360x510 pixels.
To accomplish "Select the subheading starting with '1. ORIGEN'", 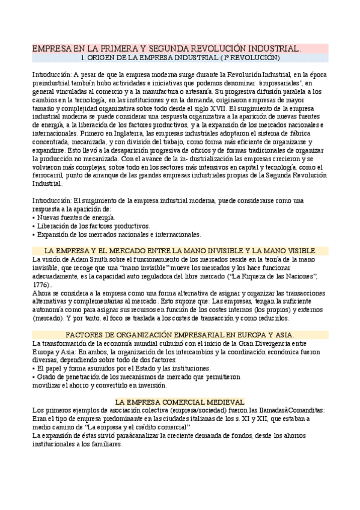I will [180, 58].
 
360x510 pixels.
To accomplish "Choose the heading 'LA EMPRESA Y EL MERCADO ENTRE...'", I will [180, 250].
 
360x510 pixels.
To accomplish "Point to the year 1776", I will [41, 284].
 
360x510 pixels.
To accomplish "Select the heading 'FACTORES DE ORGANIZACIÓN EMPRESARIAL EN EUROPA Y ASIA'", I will [180, 334].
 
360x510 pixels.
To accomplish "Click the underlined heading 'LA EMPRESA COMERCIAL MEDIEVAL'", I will [180, 401].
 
